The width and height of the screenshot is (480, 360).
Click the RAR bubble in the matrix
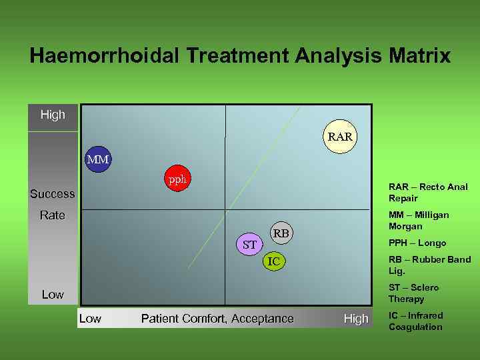[x=339, y=137]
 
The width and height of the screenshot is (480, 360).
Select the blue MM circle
[x=98, y=160]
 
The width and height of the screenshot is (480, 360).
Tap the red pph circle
[x=177, y=179]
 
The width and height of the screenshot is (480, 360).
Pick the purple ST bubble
[x=250, y=245]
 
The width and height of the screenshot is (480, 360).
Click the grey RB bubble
[x=281, y=233]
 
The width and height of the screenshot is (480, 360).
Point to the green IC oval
[x=273, y=262]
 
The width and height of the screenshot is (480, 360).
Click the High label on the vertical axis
[x=53, y=115]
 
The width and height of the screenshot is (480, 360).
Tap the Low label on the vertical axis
[x=53, y=294]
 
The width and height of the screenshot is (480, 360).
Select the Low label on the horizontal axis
[x=90, y=319]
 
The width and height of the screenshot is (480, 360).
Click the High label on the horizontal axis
[x=355, y=319]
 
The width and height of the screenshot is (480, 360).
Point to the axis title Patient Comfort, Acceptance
[x=217, y=319]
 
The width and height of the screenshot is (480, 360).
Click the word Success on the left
[x=53, y=194]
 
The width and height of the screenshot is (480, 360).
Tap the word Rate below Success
[x=53, y=215]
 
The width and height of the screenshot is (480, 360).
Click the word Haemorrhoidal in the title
[x=103, y=55]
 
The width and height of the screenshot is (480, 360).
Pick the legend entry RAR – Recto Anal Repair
[x=428, y=193]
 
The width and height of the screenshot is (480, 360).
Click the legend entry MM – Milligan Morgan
[x=419, y=221]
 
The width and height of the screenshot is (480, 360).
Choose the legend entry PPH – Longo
[x=417, y=243]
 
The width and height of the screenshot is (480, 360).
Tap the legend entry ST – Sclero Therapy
[x=413, y=293]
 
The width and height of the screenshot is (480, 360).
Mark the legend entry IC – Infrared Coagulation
[x=415, y=321]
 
